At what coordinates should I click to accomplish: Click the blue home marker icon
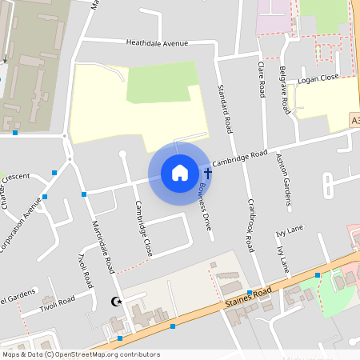click(179, 173)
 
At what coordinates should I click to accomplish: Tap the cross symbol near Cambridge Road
click(208, 172)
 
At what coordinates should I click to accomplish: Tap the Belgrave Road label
click(286, 90)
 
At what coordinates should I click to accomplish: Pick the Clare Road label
click(261, 78)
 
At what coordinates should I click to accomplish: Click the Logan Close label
click(318, 81)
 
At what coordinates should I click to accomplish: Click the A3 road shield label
click(354, 120)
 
